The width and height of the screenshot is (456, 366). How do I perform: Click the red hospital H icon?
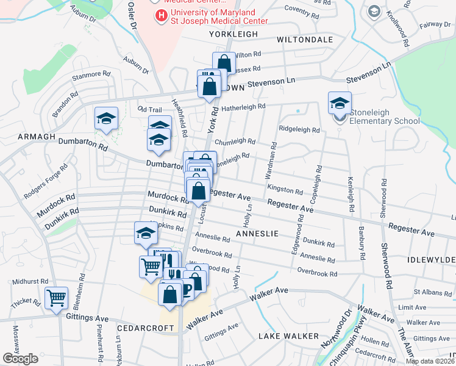tap(162, 15)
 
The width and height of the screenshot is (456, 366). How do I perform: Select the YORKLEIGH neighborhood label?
tap(234, 35)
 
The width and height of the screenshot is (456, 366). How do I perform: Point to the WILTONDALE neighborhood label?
tap(305, 40)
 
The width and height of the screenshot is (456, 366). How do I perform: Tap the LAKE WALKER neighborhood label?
tap(288, 336)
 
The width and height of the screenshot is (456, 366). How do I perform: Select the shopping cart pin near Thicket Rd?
tap(56, 299)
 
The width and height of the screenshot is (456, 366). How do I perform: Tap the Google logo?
tap(21, 359)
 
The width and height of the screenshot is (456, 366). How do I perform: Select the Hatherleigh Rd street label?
tap(243, 107)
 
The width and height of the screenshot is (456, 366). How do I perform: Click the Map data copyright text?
tap(430, 361)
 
